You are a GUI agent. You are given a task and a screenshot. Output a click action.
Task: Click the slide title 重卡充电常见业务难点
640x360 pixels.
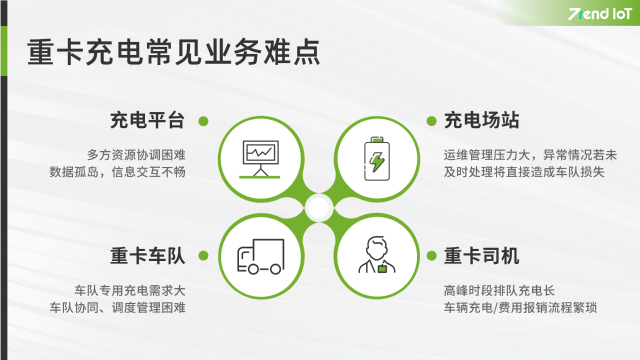pos(173,53)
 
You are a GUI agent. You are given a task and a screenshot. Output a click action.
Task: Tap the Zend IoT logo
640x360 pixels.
pos(600,14)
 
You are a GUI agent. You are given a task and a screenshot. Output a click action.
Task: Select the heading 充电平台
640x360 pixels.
pos(147,121)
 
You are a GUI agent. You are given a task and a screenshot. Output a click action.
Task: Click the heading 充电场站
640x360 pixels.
pos(481,121)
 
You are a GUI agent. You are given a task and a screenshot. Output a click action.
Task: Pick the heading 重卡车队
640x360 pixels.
pos(147,256)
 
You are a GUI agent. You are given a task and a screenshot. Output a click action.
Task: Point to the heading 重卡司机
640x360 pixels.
pos(481,256)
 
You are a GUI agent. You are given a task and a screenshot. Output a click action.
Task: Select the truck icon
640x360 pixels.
pos(260,256)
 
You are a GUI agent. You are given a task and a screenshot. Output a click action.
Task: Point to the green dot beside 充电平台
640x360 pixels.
pos(203,121)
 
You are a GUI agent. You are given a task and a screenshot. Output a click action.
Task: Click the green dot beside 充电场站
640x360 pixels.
pos(431,121)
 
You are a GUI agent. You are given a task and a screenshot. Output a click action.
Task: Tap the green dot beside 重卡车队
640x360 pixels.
pos(203,256)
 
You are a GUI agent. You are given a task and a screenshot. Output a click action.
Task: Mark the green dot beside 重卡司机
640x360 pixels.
pos(431,256)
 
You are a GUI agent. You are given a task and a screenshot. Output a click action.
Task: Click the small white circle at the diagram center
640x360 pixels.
pos(319,208)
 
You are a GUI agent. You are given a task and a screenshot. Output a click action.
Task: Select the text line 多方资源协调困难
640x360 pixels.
pos(136,155)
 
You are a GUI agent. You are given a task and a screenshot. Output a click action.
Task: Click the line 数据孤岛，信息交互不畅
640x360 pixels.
pos(117,172)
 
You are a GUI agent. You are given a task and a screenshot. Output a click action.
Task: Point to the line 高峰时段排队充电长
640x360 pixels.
pos(499,290)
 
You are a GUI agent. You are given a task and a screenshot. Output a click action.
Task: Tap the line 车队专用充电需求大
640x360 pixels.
pos(129,290)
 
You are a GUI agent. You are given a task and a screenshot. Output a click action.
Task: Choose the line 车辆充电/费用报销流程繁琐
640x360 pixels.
pos(520,307)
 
